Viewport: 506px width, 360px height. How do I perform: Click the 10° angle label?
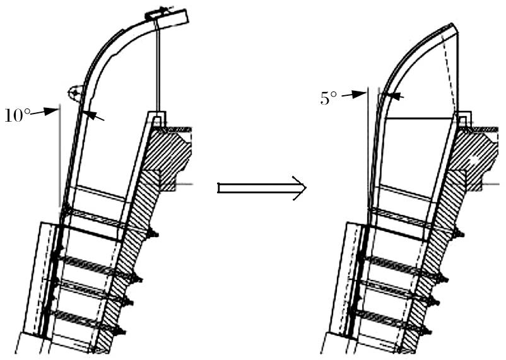pos(16,115)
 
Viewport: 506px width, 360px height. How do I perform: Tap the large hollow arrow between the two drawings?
pos(261,188)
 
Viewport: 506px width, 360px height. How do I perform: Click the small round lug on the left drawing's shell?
pos(75,93)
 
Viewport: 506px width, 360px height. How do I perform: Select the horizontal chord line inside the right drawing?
pos(420,119)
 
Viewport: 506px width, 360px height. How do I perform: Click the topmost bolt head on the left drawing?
pos(153,235)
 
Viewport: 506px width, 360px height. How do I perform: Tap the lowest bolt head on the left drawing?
pos(121,331)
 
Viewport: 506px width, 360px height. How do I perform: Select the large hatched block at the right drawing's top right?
pos(474,154)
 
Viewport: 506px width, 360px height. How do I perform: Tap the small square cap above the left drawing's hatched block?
pos(157,118)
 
